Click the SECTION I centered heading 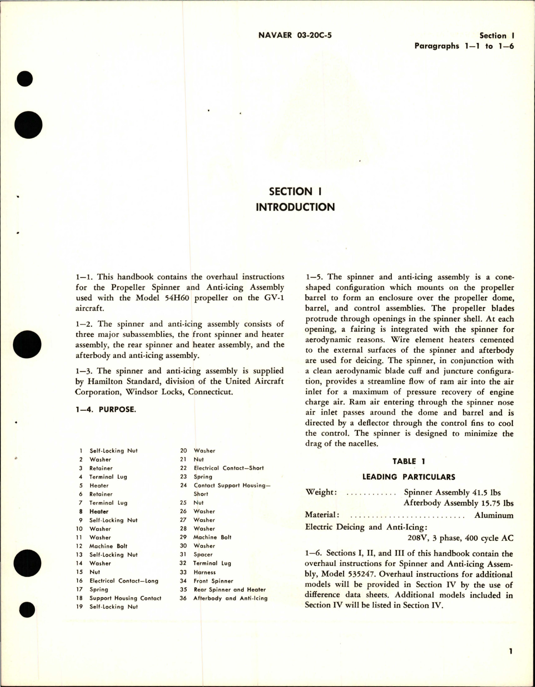[295, 192]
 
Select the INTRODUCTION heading [295, 207]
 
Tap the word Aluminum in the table [494, 515]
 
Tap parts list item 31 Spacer [203, 555]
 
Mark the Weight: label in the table [321, 493]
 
